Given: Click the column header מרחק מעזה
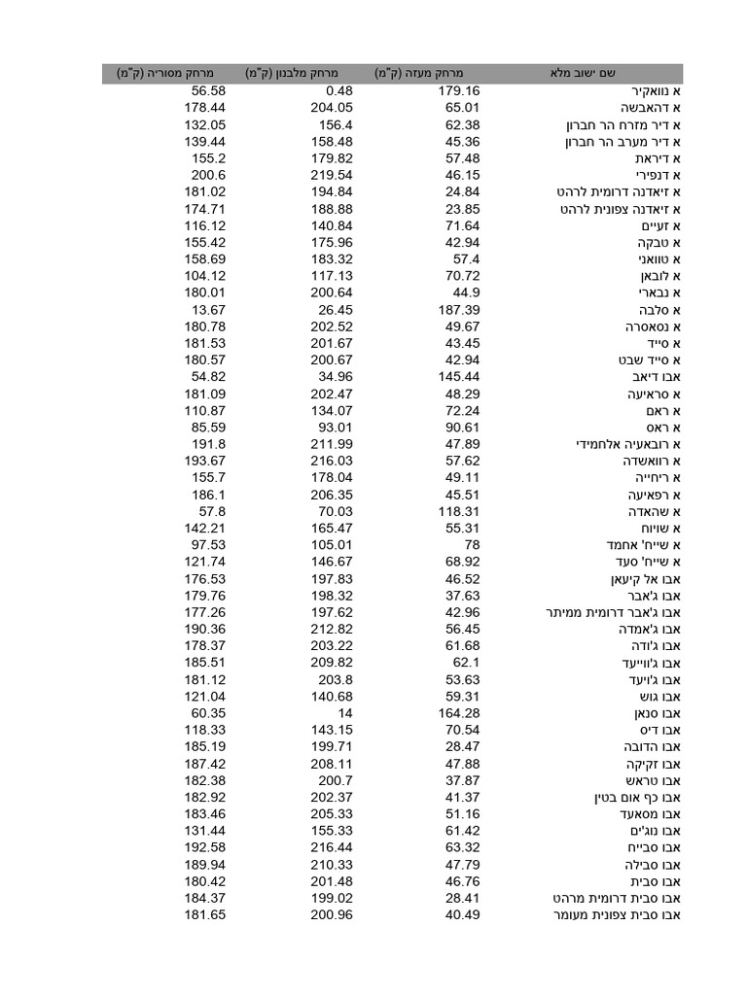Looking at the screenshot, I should [x=419, y=74].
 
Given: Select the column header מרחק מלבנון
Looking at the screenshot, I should [x=291, y=74].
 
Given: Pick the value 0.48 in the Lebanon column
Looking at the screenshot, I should [x=338, y=90].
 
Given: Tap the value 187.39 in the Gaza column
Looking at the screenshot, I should [x=458, y=309].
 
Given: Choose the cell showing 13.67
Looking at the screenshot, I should [x=208, y=309].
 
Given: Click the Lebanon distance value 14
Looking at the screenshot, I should [x=343, y=713].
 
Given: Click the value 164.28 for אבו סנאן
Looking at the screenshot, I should [x=458, y=713].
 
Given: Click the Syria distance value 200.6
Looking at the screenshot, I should [x=208, y=175].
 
